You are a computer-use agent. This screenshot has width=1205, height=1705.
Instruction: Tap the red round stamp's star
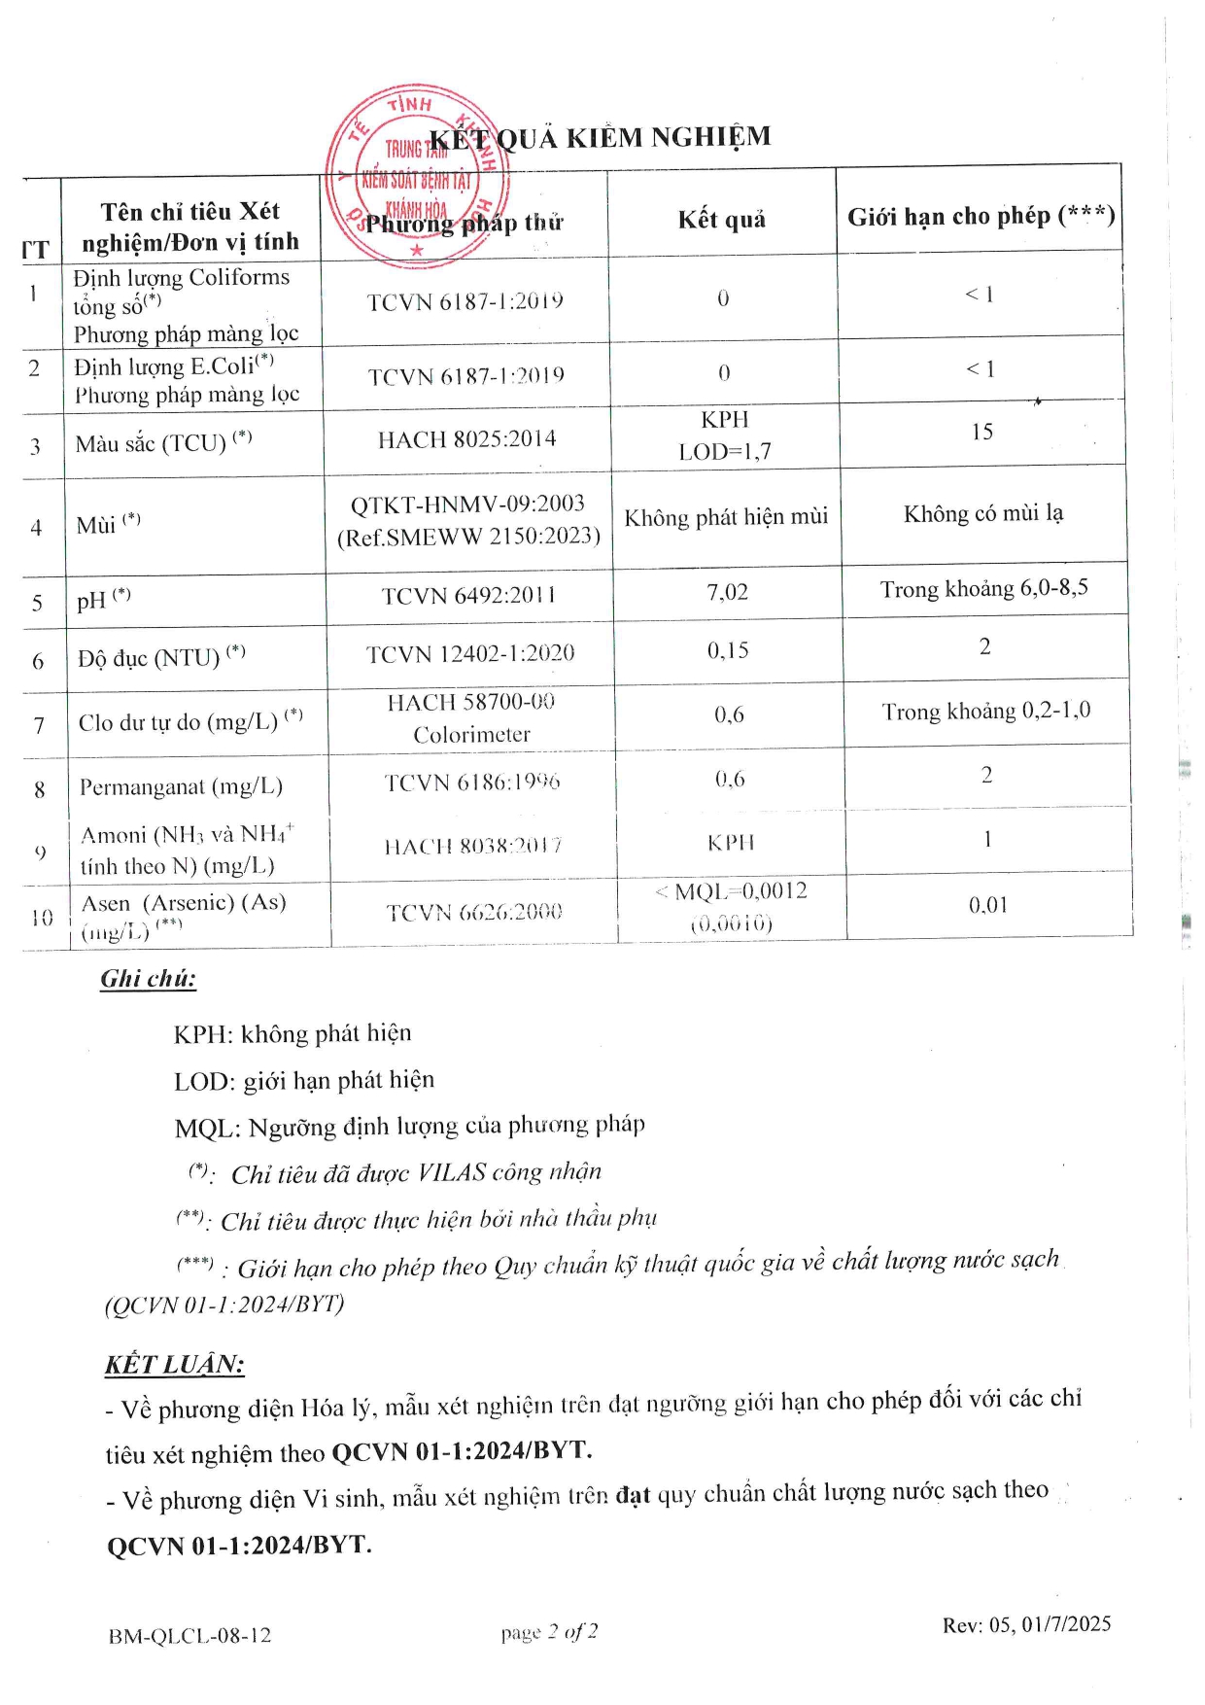pos(417,251)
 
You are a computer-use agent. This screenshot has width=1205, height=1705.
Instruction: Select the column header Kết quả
pos(721,220)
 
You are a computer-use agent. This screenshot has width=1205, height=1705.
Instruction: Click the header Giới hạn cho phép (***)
pos(981,216)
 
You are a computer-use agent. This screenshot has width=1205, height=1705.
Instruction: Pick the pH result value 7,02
pos(727,592)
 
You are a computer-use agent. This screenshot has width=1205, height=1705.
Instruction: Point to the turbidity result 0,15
pos(728,650)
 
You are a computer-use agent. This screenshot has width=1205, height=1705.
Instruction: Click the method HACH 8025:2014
pos(466,439)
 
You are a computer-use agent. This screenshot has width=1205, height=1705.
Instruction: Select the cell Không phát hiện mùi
pos(726,517)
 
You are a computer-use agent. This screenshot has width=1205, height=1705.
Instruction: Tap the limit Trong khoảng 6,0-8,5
pos(983,589)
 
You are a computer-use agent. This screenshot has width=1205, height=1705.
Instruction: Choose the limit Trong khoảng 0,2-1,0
pos(985,712)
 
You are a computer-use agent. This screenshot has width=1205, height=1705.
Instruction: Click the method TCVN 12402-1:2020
pos(470,654)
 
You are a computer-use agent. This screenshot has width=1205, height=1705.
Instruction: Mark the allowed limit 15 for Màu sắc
pos(981,432)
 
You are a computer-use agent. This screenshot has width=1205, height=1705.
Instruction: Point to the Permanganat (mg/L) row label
pos(181,786)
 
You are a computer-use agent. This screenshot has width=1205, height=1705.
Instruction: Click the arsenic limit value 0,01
pos(987,905)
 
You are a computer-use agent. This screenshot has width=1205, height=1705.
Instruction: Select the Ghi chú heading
pos(148,979)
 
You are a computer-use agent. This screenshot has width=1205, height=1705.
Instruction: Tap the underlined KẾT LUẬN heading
pos(174,1365)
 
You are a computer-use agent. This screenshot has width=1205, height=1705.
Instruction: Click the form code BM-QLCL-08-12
pos(189,1636)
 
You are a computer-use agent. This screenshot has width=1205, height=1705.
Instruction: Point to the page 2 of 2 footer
pos(549,1632)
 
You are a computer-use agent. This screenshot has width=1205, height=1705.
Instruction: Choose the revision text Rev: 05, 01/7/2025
pos(1026,1624)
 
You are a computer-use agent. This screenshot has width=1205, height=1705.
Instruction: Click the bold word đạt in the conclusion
pos(633,1494)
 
